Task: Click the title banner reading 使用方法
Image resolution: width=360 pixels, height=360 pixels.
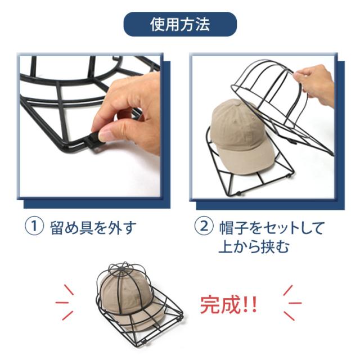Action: coord(180,24)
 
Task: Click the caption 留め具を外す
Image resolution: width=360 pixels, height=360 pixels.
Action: coord(93,227)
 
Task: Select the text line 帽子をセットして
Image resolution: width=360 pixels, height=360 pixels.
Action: coord(272,228)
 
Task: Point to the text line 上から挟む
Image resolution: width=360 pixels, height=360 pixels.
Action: coord(254,246)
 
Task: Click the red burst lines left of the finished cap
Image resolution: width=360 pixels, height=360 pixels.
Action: coord(65,303)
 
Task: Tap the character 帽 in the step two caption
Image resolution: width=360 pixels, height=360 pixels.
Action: coord(227,228)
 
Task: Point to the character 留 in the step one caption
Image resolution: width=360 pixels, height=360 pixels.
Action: coord(57,228)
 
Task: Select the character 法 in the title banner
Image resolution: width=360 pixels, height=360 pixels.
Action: coord(202,24)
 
